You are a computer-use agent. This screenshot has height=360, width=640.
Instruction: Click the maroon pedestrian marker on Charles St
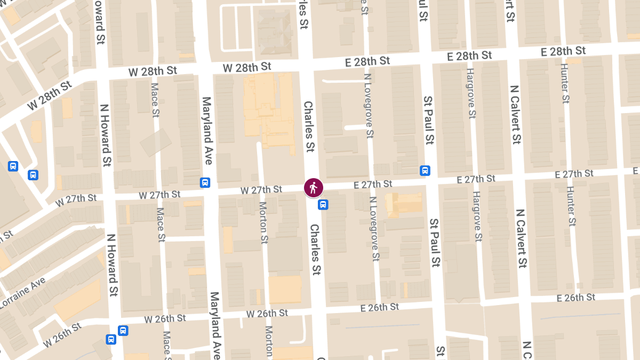pyautogui.click(x=313, y=188)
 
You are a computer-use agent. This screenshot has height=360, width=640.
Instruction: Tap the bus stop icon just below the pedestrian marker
pyautogui.click(x=323, y=204)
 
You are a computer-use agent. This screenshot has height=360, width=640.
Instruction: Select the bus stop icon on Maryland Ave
pyautogui.click(x=205, y=182)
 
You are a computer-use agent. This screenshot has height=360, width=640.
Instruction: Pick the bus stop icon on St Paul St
pyautogui.click(x=425, y=171)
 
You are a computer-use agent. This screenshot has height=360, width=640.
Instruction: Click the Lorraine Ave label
pyautogui.click(x=21, y=294)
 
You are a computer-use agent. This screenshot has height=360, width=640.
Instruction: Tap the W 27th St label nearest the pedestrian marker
pyautogui.click(x=261, y=190)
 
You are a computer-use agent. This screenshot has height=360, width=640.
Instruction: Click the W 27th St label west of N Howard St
pyautogui.click(x=76, y=199)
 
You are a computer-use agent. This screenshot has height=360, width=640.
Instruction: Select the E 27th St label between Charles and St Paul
pyautogui.click(x=373, y=185)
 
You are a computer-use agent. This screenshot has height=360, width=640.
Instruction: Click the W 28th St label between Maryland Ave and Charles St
pyautogui.click(x=247, y=67)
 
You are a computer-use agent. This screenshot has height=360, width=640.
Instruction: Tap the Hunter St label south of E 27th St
pyautogui.click(x=571, y=206)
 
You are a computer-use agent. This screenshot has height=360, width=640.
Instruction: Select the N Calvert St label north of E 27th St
pyautogui.click(x=515, y=115)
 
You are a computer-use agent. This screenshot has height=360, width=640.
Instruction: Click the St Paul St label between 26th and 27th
pyautogui.click(x=435, y=243)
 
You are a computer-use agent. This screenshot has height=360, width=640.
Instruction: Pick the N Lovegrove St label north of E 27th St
pyautogui.click(x=367, y=106)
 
